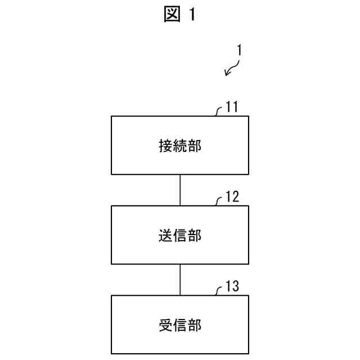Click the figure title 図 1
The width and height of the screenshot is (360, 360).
(x=180, y=15)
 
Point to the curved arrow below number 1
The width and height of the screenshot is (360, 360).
(x=232, y=68)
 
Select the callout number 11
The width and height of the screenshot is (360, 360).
(x=232, y=107)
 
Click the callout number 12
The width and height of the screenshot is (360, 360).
(x=232, y=197)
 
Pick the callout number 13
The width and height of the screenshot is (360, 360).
(x=232, y=287)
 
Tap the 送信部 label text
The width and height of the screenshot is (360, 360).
(x=180, y=236)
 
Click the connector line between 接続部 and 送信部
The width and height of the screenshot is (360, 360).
(x=180, y=190)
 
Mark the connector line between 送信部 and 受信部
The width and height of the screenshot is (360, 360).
(x=180, y=280)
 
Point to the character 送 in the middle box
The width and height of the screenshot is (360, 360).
(x=165, y=236)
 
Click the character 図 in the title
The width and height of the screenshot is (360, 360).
(x=171, y=15)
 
